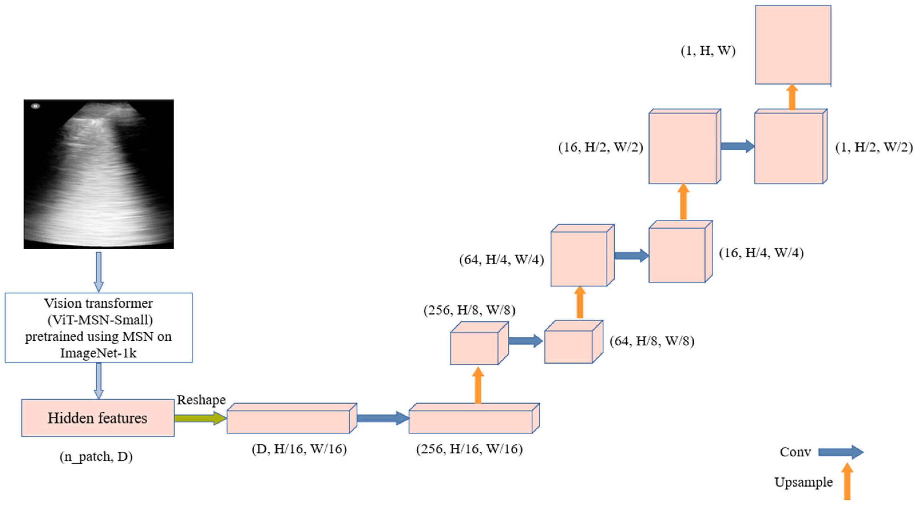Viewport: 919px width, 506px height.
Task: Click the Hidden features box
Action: coord(98,418)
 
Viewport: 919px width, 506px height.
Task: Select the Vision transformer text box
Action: coord(98,328)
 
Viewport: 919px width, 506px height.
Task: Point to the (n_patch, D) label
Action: coord(96,457)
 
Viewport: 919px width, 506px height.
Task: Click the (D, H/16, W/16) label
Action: coord(299,449)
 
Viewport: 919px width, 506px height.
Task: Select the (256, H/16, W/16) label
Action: coord(469,449)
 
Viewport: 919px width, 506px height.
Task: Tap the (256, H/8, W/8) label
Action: coord(469,310)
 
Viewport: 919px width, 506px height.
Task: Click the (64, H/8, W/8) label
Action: coord(652,341)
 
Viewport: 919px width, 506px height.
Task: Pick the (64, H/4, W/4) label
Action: coord(501,260)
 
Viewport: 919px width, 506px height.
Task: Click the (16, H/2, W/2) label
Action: coord(600,147)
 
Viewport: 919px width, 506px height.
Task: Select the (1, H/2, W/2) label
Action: coord(874,147)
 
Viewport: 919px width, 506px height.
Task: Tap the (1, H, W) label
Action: coord(708,51)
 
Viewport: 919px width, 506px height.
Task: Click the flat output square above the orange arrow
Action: coord(793,45)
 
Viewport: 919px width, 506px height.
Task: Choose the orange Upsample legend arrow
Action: coord(847,481)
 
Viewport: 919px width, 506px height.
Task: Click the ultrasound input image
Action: coord(98,174)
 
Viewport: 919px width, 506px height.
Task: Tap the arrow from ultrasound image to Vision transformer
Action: coord(98,272)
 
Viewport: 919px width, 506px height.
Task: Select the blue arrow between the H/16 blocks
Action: coord(382,418)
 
